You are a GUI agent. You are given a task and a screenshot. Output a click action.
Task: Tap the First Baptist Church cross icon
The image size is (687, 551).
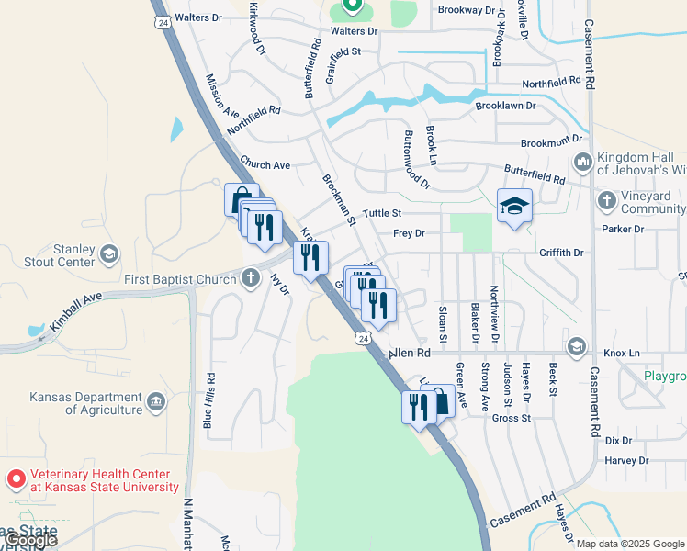(x=251, y=278)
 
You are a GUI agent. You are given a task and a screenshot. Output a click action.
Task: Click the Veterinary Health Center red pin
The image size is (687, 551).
(x=17, y=479)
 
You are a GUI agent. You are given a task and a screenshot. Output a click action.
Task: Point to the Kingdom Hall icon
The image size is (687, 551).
(x=582, y=163)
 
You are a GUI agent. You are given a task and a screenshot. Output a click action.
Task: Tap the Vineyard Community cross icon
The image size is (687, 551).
(x=606, y=199)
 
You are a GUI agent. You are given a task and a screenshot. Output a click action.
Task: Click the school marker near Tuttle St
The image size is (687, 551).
(x=514, y=207)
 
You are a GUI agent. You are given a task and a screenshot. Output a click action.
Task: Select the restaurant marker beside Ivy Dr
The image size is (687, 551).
(x=310, y=258)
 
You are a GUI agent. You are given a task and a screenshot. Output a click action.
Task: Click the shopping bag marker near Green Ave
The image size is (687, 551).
(x=439, y=402)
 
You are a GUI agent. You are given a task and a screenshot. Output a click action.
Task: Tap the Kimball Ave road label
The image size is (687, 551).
(x=75, y=313)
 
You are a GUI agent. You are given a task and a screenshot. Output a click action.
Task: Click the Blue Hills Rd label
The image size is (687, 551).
(x=209, y=401)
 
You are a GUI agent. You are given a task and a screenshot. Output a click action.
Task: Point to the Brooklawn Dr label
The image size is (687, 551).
(x=504, y=106)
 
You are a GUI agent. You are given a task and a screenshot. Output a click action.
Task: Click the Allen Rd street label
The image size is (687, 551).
(x=410, y=353)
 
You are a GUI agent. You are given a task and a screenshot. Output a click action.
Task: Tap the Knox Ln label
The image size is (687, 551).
(x=621, y=353)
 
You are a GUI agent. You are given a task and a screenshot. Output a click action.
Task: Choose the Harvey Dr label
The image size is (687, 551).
(x=627, y=460)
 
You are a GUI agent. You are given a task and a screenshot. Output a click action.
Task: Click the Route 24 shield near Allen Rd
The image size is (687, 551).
(x=365, y=339)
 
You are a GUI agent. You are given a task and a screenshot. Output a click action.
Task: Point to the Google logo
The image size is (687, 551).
(x=31, y=540)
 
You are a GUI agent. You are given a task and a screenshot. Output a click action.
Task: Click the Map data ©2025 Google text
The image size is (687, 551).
(x=629, y=544)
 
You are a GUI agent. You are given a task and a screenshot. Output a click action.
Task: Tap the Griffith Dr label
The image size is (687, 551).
(x=561, y=253)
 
